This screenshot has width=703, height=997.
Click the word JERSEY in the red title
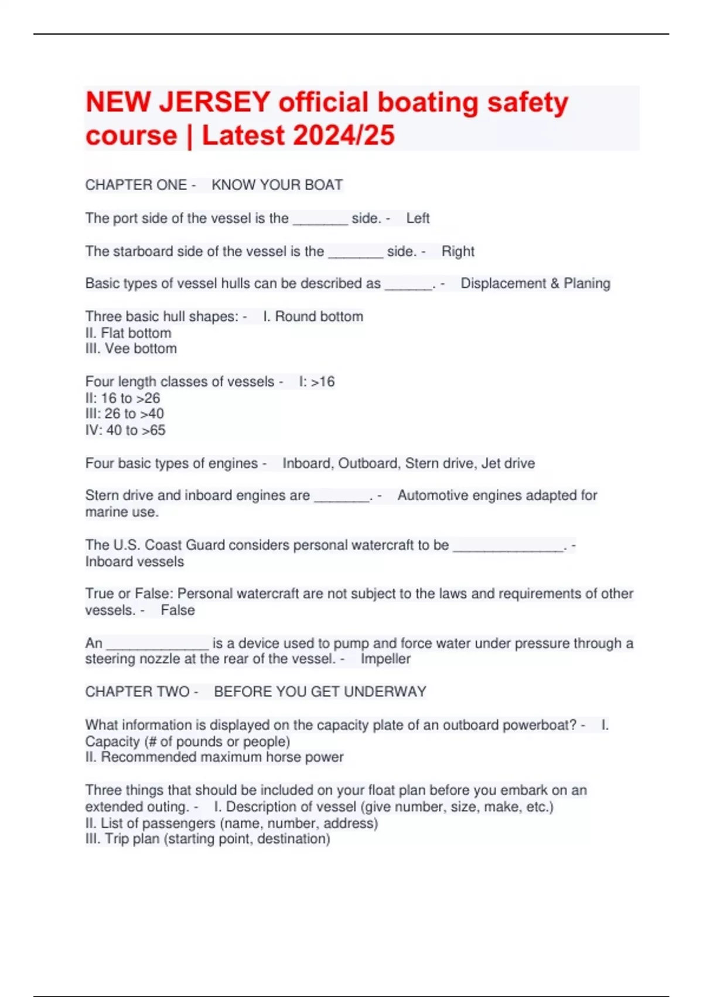[x=214, y=103]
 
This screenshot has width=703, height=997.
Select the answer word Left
[x=418, y=218]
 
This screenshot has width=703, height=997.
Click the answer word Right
[x=458, y=252]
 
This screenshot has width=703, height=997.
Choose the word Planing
[x=586, y=283]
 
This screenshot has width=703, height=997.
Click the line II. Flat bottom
[x=128, y=333]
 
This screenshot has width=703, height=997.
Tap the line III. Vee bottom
[x=131, y=349]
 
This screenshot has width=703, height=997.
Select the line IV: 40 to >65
[x=125, y=430]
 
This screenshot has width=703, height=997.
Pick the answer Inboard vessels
[x=134, y=562]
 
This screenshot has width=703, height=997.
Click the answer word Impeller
[x=385, y=659]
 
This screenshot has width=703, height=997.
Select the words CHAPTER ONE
[x=136, y=185]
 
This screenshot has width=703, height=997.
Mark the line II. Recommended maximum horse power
[x=214, y=757]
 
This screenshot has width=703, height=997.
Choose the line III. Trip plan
[x=207, y=839]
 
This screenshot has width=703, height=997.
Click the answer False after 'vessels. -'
[x=178, y=611]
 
